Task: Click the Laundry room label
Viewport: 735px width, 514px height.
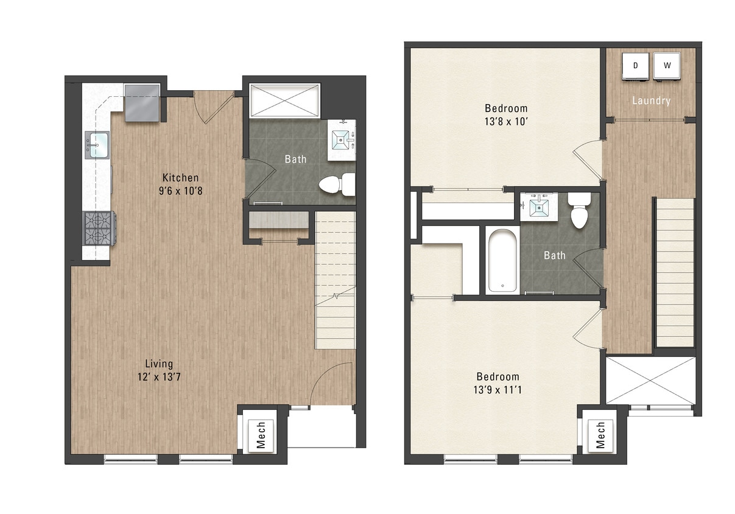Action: (x=651, y=101)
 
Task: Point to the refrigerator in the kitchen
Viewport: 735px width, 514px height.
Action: (x=142, y=103)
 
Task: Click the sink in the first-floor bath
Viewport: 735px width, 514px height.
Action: (x=341, y=140)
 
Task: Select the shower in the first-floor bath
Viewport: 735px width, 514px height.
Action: (x=284, y=99)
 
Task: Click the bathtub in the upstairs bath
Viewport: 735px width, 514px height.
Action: (x=502, y=261)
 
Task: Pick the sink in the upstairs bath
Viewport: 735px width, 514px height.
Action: (x=538, y=206)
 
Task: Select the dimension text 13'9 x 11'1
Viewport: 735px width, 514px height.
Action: (x=498, y=389)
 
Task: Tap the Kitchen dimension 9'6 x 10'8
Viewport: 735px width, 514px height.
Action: (x=180, y=191)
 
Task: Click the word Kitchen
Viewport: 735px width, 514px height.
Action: (x=180, y=178)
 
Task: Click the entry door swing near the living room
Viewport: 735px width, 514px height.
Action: (x=332, y=384)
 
